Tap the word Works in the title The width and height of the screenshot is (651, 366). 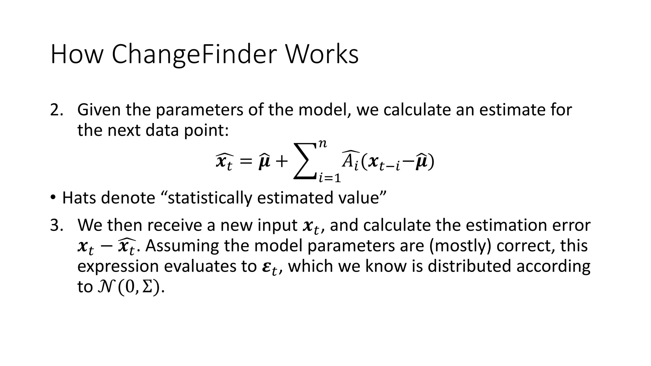322,55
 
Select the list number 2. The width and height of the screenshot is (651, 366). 56,110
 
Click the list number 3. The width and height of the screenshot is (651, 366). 56,226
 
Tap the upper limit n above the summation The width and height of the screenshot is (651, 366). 323,144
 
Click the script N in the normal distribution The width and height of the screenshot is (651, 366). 105,287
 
